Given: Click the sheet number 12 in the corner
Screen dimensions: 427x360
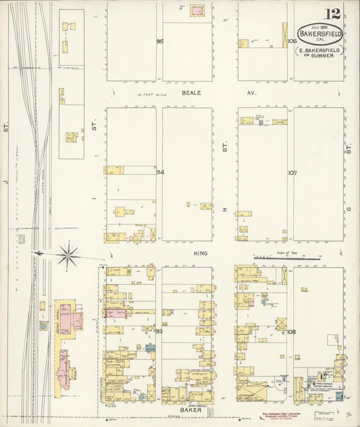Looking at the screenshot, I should (x=332, y=14).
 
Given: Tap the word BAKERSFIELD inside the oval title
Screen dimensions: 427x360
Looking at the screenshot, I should (x=321, y=34).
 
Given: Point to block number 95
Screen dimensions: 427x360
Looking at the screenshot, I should (x=160, y=42).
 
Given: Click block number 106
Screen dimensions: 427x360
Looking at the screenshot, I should (x=292, y=41).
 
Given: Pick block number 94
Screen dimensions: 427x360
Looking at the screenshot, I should (x=160, y=172).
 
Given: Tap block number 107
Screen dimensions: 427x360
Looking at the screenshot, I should (x=292, y=173).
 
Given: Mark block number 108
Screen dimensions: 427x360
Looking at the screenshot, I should (x=292, y=332).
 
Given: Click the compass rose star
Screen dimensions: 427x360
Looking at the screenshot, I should (x=68, y=255).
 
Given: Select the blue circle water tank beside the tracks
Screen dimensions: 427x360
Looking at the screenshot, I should (x=44, y=326).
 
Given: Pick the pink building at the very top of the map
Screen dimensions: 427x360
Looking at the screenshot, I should (x=197, y=10).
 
